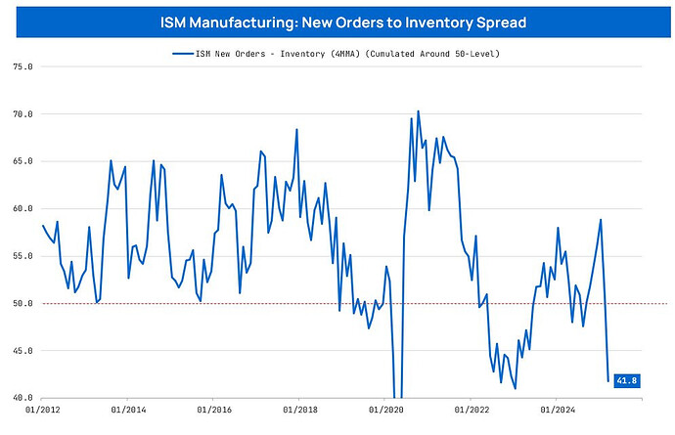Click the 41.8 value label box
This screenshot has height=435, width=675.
625,379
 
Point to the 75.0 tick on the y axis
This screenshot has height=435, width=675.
20,67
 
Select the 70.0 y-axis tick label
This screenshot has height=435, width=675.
20,114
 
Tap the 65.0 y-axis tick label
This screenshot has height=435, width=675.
20,161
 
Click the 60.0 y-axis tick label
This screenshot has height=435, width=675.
20,209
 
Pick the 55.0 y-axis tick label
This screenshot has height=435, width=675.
20,256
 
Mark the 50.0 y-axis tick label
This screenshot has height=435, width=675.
20,303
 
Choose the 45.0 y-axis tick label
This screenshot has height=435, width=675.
20,351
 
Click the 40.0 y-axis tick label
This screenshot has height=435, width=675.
20,398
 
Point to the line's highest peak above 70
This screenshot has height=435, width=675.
418,111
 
